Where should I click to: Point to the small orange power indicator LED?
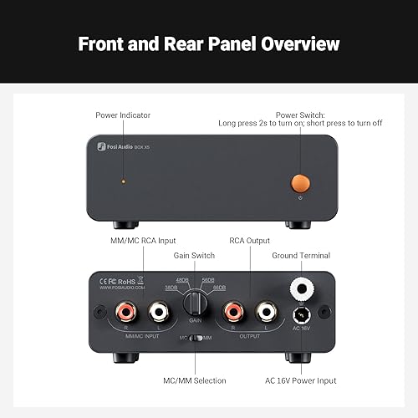point(124,181)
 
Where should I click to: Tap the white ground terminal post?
point(301,288)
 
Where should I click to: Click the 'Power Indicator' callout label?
point(122,115)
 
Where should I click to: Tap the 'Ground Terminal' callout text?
point(301,256)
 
